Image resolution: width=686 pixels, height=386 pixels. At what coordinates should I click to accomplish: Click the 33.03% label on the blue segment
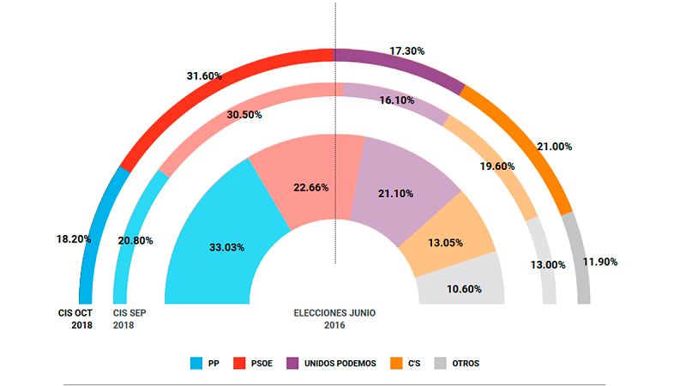coord(226,247)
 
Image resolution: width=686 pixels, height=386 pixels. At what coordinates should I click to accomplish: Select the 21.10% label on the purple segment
coord(395,194)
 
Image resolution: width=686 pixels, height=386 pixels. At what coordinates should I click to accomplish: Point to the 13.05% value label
coord(445,243)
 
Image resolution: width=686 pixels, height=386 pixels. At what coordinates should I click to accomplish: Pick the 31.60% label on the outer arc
coord(204,76)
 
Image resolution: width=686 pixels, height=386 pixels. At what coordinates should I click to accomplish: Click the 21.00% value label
coord(554,147)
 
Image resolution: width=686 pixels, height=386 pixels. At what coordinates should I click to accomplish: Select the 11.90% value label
coord(600,261)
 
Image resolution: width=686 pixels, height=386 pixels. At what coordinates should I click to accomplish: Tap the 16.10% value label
coord(397,100)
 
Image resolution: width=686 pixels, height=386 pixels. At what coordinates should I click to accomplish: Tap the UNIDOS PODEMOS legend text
coord(340,363)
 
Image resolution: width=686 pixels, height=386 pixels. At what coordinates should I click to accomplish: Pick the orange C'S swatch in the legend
coord(398,363)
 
